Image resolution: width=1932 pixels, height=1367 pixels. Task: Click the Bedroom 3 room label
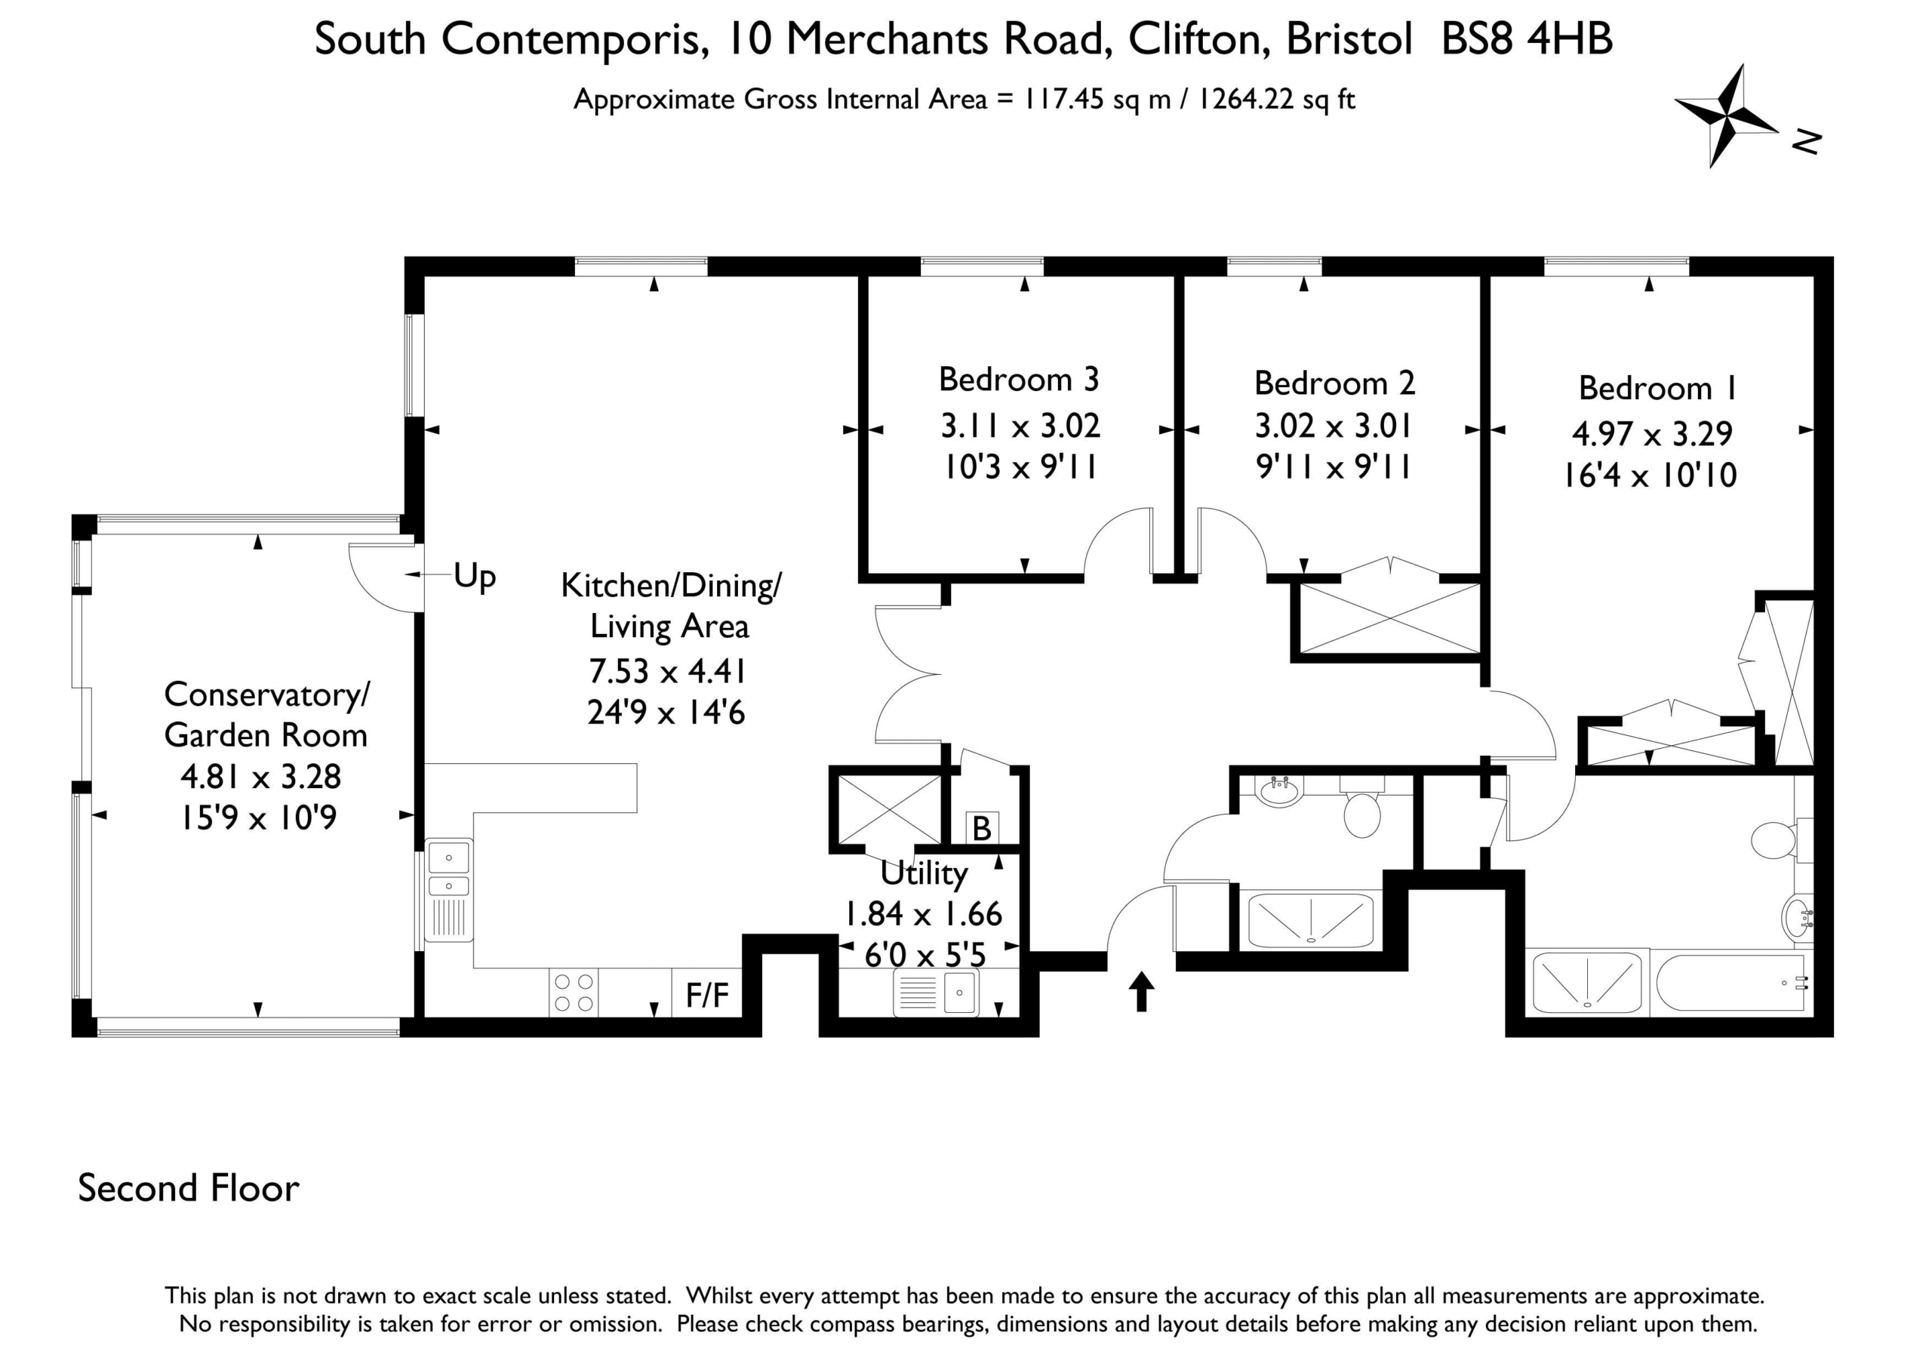[1019, 380]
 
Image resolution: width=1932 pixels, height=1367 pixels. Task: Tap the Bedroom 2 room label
[1334, 383]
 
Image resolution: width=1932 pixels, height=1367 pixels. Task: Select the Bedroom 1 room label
[1658, 388]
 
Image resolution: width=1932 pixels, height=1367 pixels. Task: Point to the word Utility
[923, 874]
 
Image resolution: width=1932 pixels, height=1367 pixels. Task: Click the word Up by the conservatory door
[475, 577]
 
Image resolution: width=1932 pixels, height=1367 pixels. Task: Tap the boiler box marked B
[981, 828]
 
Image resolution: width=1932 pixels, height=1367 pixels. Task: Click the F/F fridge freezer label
[707, 995]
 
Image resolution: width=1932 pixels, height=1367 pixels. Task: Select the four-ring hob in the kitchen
[574, 993]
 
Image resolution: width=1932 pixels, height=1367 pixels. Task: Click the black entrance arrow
[1141, 991]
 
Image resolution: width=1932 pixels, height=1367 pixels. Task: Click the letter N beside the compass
[1806, 141]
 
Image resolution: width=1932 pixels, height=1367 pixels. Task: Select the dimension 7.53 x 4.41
[667, 672]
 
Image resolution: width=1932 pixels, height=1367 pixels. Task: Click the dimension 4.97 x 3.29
[1652, 434]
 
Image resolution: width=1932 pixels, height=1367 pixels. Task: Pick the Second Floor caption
[189, 1187]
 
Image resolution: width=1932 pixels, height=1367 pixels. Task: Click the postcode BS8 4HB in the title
[1527, 38]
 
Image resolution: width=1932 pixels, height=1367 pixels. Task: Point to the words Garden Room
[266, 736]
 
